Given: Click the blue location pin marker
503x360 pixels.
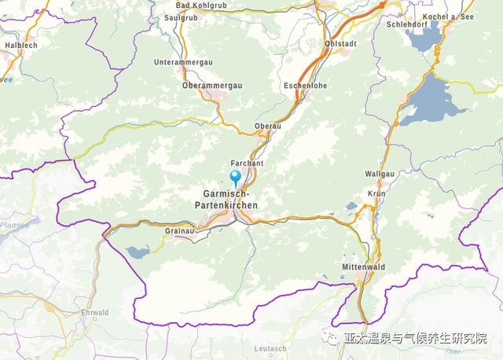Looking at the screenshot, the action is pos(234,177).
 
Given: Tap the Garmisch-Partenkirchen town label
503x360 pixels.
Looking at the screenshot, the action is pos(226,200).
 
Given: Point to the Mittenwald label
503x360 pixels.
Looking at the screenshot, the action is pos(362,267).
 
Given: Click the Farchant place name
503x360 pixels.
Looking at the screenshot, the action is pos(246,163).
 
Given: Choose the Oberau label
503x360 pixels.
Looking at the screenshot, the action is pos(267,126).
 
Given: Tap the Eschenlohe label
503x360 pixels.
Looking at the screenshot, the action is pos(304,85).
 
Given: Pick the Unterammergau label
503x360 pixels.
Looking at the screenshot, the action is pos(182,61).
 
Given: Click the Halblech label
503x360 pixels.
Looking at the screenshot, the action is pos(21,45).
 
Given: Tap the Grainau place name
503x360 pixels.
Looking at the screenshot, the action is pos(180,231).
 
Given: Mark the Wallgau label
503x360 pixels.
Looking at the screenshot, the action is pos(380,173).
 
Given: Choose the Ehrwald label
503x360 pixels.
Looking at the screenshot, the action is pos(95,312).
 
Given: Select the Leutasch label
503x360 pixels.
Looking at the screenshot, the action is pos(270,348).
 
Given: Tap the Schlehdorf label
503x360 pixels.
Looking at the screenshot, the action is pos(407,24).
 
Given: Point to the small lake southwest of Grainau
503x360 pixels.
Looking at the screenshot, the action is pos(137,252).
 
